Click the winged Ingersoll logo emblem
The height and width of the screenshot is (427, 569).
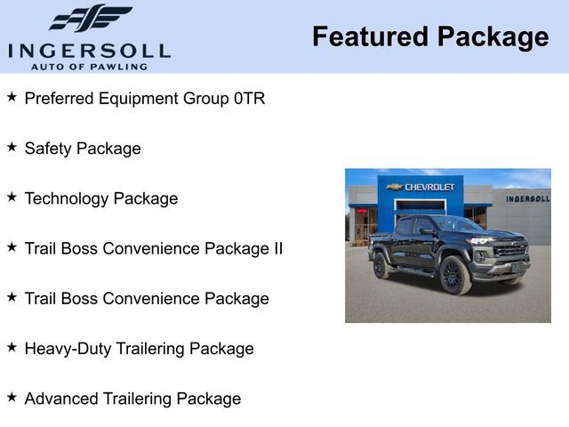90,18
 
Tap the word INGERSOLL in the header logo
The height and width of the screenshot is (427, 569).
89,50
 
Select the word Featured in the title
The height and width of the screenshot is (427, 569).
367,36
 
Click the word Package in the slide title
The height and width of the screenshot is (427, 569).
491,36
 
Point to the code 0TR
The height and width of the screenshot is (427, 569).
250,99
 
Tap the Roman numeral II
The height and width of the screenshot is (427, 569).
276,248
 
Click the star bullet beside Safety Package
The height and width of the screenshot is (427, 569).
12,147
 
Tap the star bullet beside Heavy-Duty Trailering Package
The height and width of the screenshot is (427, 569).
12,347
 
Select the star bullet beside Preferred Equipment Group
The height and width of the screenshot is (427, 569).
12,97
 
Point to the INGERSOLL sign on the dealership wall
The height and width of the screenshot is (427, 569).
527,198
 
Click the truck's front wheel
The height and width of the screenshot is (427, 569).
455,275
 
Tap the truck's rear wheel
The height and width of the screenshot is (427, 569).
381,265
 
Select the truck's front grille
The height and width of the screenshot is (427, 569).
509,250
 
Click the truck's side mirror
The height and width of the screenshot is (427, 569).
429,231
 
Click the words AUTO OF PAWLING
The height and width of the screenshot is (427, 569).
89,66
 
